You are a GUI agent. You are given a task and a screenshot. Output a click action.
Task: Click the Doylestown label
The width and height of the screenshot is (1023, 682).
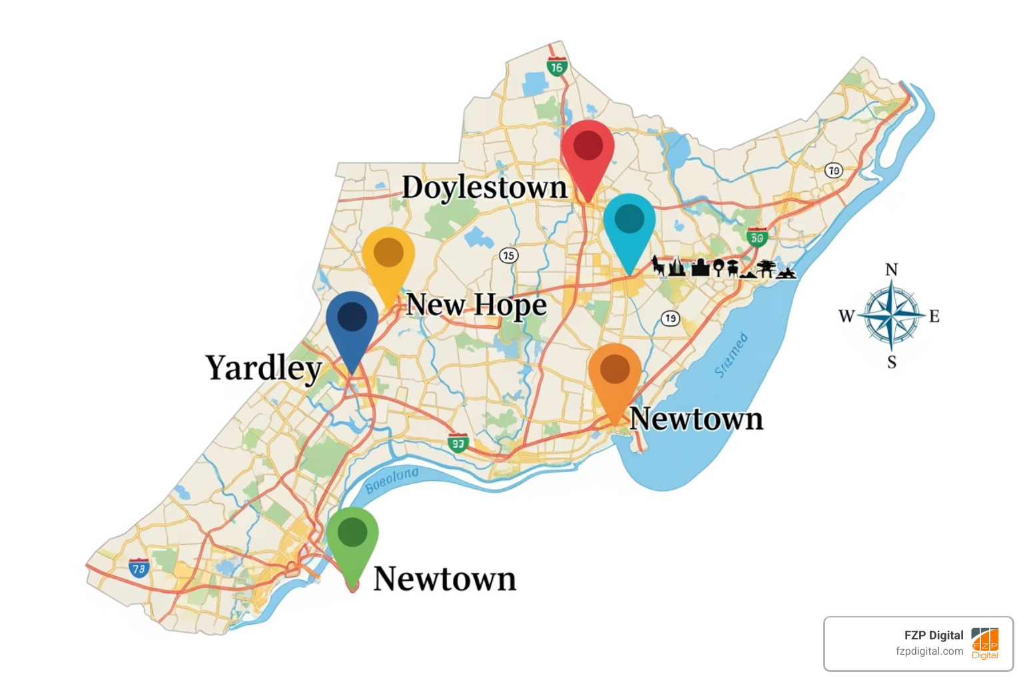(485, 187)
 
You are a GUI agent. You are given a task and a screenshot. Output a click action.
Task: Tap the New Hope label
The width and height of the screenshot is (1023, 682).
(476, 305)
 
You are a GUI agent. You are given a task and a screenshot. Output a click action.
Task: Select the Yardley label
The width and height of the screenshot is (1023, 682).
(264, 368)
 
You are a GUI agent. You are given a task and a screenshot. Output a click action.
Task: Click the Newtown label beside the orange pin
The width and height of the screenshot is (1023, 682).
(696, 419)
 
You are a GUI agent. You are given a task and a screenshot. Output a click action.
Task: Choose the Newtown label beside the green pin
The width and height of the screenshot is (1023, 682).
(444, 579)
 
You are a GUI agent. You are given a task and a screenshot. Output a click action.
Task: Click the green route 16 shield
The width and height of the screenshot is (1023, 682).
(557, 67)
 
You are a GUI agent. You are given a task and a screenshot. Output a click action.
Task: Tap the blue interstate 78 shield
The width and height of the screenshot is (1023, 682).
(139, 569)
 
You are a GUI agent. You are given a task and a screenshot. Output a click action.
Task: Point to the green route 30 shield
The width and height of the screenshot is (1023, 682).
(757, 237)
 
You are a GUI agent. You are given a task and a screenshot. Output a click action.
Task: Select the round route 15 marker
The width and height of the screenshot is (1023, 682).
(509, 255)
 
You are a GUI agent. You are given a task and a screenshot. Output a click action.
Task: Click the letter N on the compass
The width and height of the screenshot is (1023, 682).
(891, 270)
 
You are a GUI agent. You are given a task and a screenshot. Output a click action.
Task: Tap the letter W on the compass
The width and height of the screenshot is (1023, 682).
(846, 316)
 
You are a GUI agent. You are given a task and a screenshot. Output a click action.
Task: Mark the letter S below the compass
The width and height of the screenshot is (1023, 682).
(892, 362)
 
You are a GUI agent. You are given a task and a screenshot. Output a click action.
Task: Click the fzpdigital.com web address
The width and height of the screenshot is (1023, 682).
(929, 651)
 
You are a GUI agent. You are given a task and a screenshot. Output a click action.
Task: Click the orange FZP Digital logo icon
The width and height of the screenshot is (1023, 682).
(985, 643)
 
